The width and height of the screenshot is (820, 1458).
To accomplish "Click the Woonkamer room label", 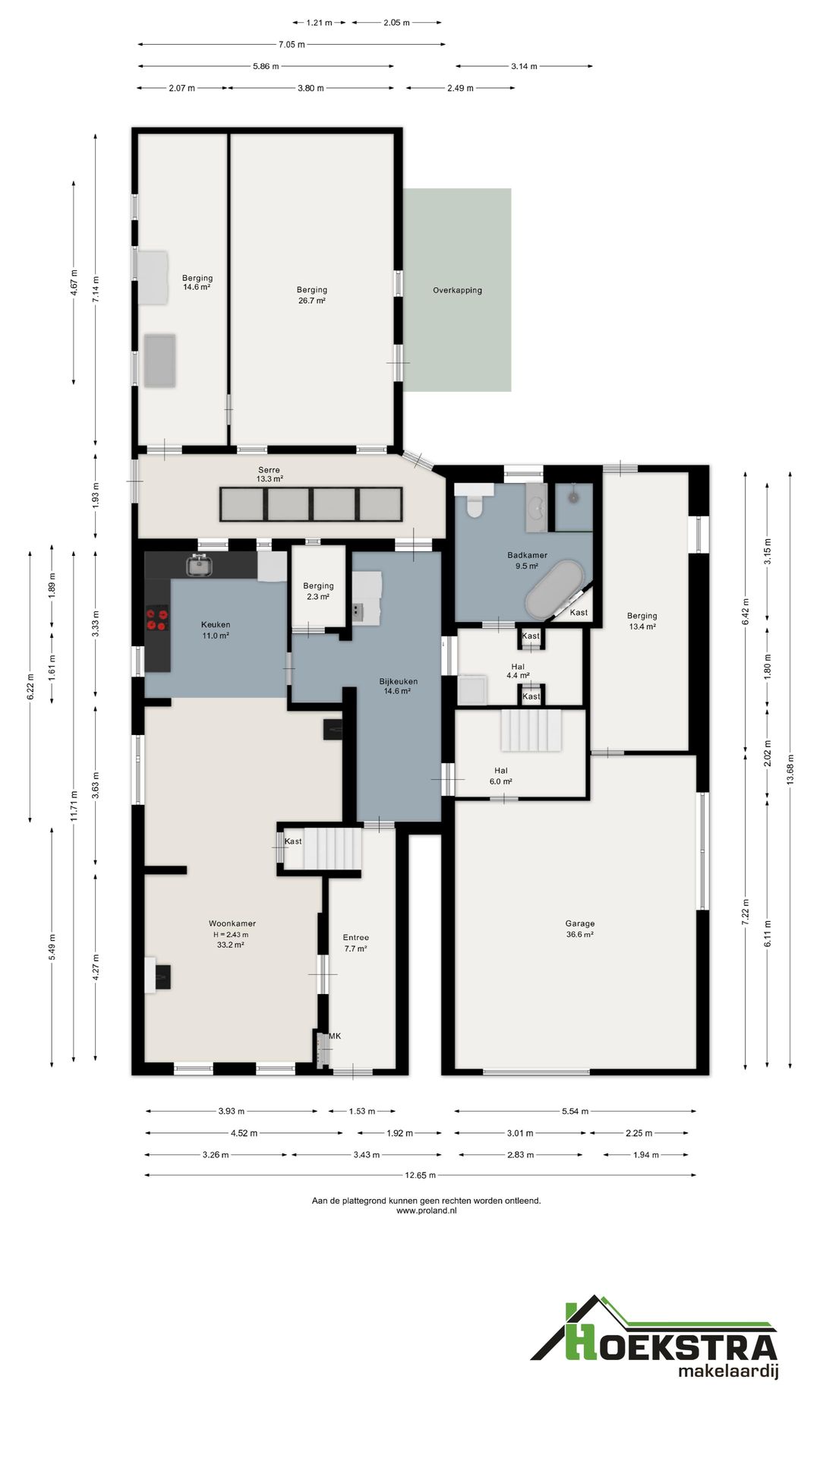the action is (232, 923).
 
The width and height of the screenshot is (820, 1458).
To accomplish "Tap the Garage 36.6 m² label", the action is (579, 929).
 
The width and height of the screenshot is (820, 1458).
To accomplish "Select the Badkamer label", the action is (527, 555).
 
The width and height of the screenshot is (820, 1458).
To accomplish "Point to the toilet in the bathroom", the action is (475, 504).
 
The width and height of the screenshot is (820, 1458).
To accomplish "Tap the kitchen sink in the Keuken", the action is (199, 565).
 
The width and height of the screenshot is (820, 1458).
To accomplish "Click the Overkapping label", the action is (457, 290).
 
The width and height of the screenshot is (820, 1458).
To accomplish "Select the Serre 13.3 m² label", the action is (270, 475).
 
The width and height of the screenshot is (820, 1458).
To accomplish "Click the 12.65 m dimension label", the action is (420, 1176).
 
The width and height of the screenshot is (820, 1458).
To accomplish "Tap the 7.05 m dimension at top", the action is (291, 44).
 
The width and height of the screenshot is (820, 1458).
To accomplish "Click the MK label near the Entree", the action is (335, 1036).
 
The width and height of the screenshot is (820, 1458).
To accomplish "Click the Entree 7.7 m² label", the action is (355, 942).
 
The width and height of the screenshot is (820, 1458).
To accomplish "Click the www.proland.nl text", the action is (426, 1210).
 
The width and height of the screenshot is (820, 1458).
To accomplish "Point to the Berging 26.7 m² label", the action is (311, 295).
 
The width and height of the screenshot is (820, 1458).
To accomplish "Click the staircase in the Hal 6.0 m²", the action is (531, 730).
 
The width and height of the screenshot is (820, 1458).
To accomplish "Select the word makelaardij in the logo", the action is (727, 1371).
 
